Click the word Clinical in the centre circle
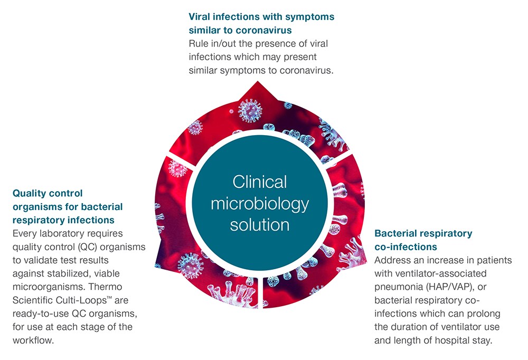259,182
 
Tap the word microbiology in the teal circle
259,203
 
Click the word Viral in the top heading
201,17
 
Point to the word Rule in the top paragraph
199,44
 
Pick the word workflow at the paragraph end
33,340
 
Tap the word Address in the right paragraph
392,260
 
